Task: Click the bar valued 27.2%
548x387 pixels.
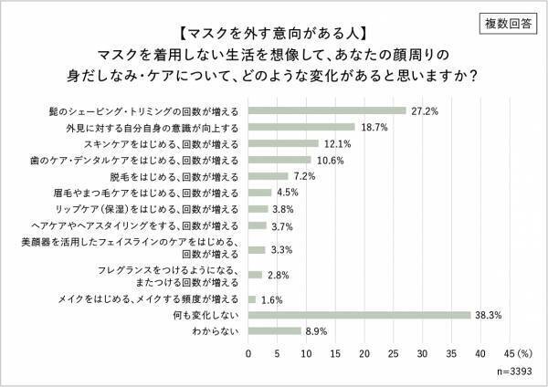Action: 326,110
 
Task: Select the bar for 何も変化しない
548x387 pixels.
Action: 359,316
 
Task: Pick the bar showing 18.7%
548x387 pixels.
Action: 300,127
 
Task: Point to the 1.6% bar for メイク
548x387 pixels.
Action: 252,298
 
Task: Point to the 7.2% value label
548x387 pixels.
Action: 303,176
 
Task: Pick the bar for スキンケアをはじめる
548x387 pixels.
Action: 283,143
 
